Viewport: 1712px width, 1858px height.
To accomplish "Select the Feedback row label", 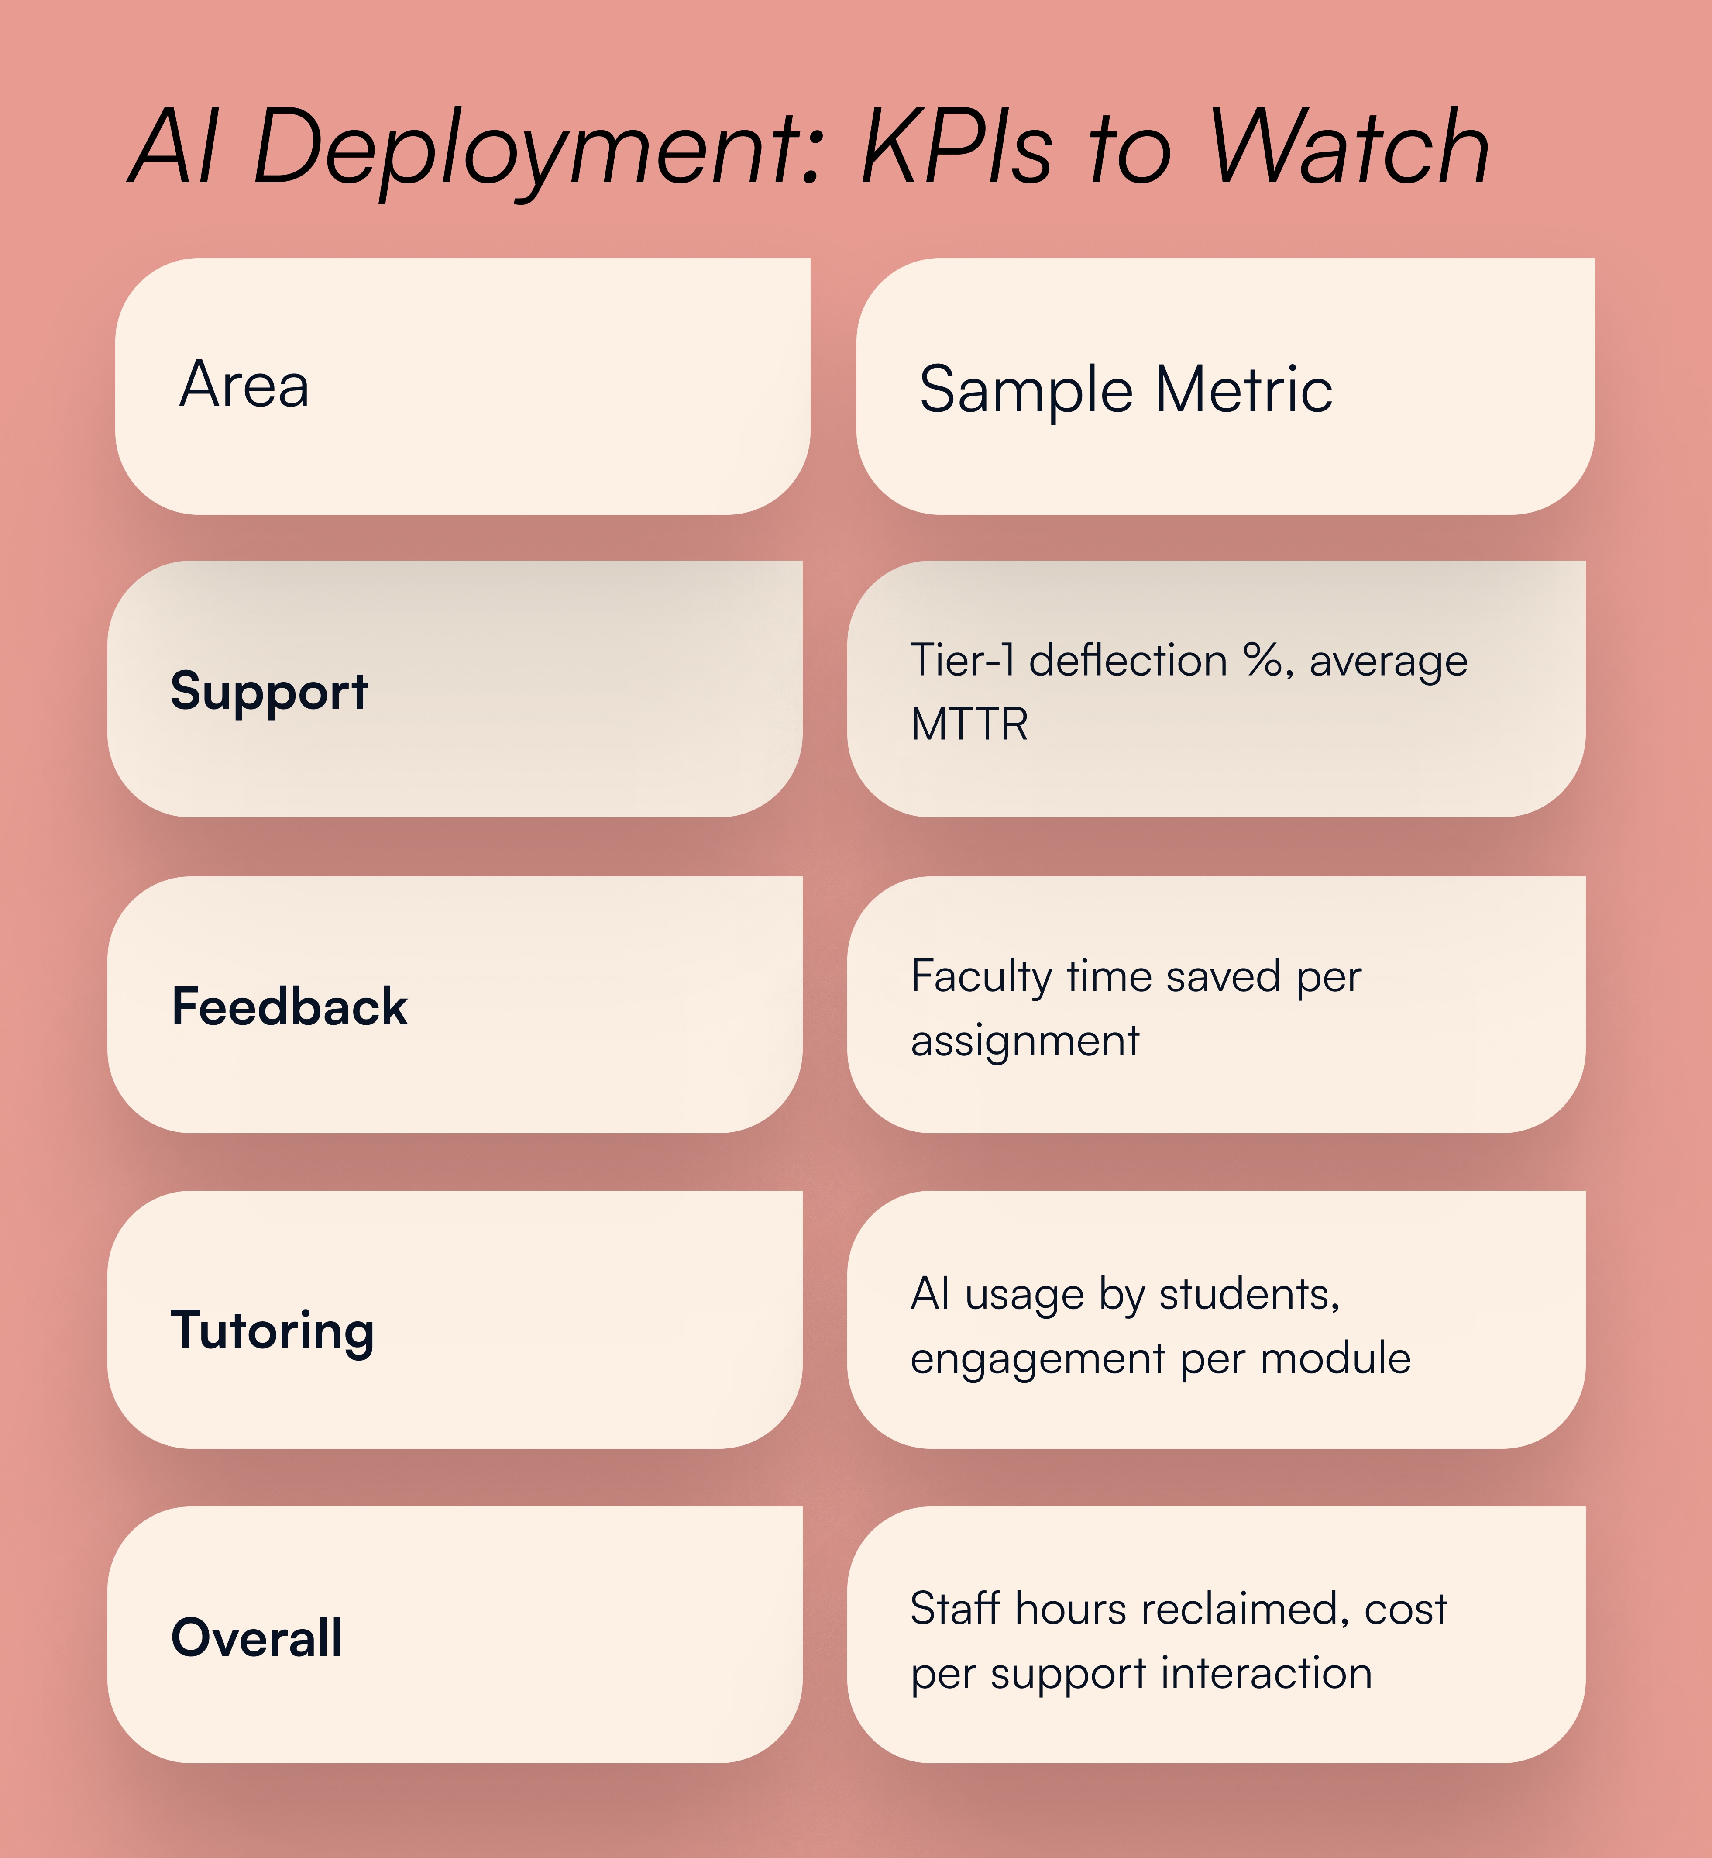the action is tap(289, 1007).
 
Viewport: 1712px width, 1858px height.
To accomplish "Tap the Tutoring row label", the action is tap(272, 1331).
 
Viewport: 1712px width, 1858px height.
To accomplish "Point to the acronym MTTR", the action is tap(969, 724).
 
